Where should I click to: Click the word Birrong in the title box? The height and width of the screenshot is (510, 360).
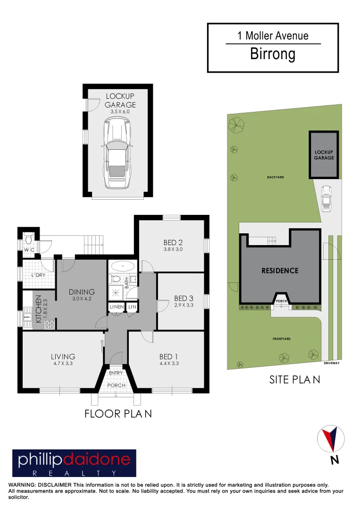tap(273, 54)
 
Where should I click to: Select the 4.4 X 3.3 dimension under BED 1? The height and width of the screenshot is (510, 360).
tap(168, 363)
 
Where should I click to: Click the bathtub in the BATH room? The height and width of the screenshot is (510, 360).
tap(123, 266)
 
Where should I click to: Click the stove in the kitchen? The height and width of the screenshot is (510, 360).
tap(49, 324)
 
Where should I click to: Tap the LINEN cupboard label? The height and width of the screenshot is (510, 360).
tap(116, 307)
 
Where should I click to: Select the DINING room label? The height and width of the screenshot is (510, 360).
tap(82, 292)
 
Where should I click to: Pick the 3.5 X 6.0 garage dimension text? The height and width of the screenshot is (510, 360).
tap(120, 111)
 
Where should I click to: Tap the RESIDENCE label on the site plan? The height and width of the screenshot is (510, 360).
tap(280, 271)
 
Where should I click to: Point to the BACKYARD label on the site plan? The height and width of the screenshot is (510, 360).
tap(275, 177)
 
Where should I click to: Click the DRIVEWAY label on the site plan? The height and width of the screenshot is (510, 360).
tap(332, 363)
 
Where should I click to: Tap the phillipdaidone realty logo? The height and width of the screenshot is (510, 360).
tap(74, 463)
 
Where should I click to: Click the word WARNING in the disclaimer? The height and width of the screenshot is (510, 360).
tap(21, 485)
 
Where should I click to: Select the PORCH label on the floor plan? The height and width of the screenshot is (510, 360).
tap(116, 385)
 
